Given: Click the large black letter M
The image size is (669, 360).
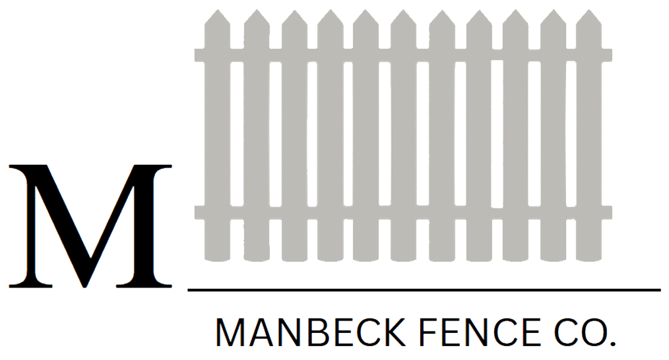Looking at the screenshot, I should pos(90,225).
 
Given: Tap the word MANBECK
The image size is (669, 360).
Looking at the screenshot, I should pos(303,333).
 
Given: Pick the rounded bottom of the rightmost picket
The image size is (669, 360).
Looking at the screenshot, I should pos(589,257).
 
